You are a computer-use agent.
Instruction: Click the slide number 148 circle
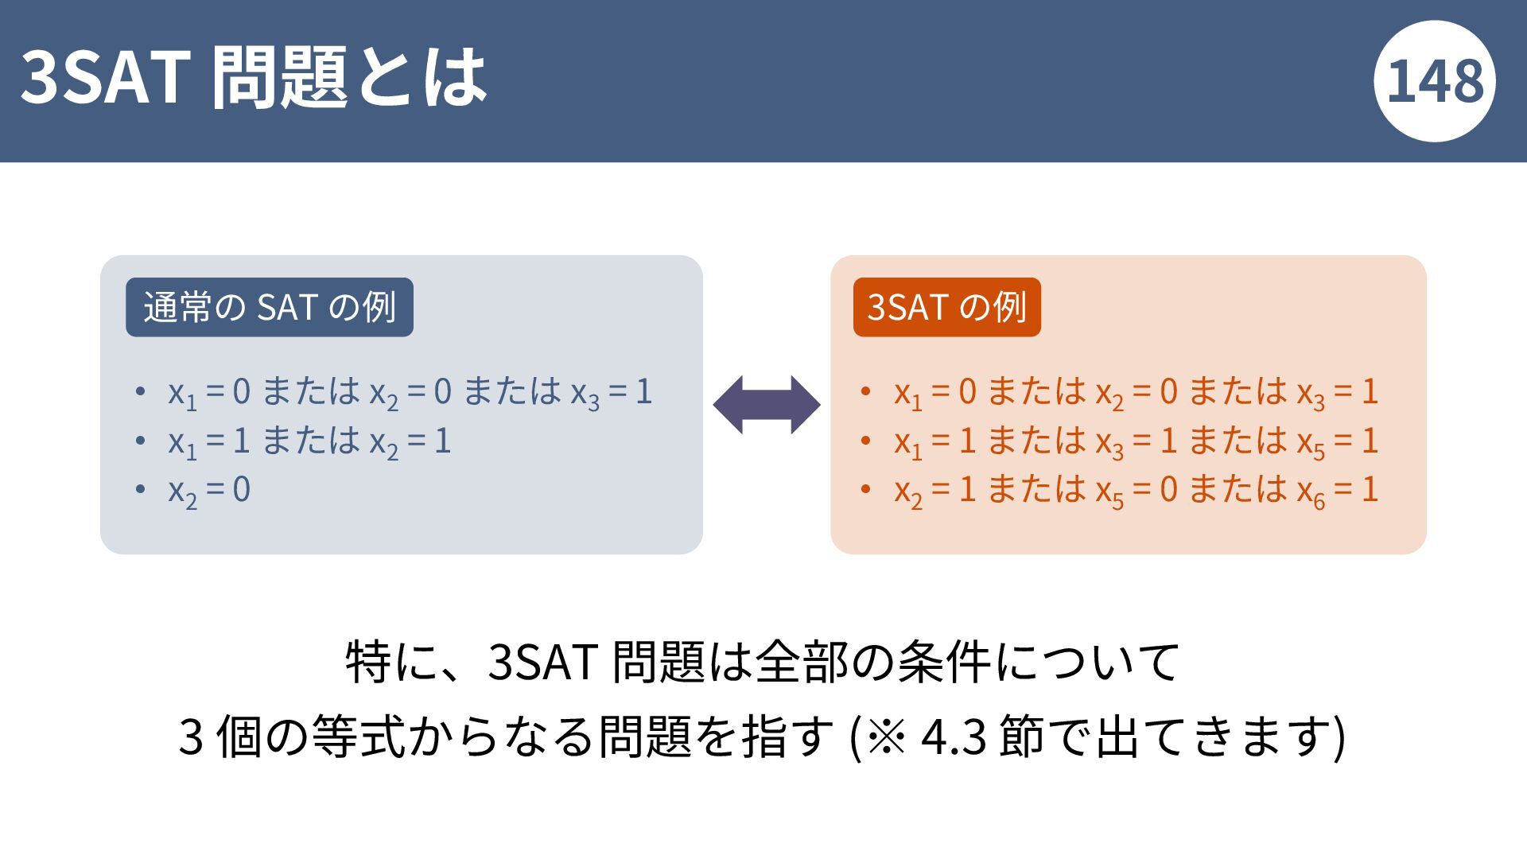[1435, 81]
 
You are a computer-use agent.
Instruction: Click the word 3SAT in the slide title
[102, 76]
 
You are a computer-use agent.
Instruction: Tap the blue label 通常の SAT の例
[270, 307]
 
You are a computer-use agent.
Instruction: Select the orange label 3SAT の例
[946, 307]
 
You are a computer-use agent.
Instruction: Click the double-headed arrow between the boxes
[767, 404]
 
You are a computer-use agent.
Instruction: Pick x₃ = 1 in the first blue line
[612, 393]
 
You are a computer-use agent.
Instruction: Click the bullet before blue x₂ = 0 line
[141, 489]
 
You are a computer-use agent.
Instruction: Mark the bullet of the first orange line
[866, 391]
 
